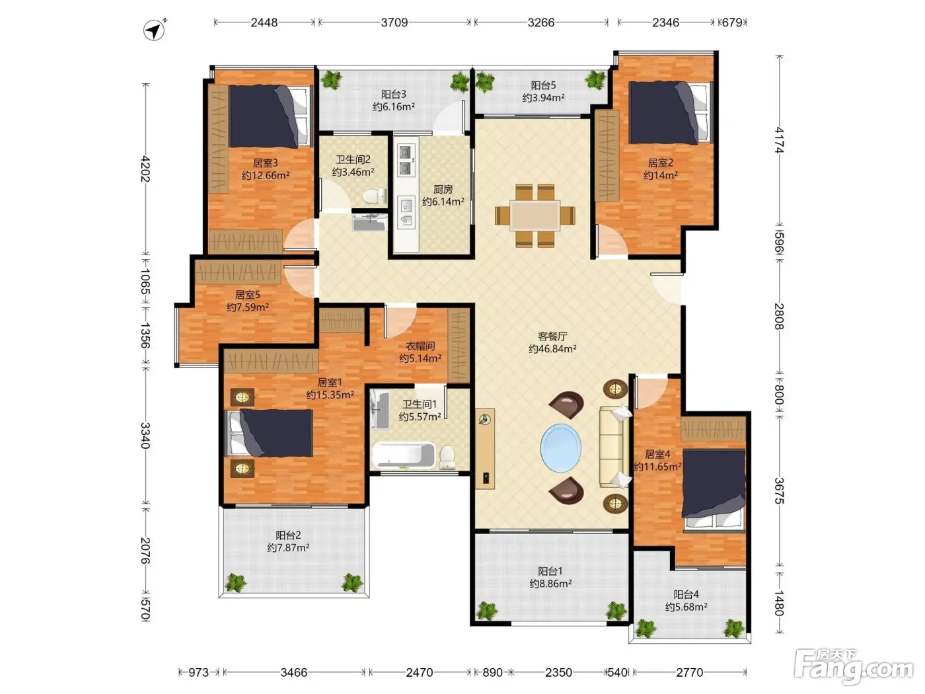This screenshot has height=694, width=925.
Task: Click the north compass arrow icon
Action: [154, 30]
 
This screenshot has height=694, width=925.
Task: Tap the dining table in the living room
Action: [535, 215]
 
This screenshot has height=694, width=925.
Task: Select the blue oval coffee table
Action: [560, 447]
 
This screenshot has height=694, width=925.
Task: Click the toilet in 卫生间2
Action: [374, 196]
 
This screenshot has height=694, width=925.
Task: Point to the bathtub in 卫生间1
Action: [403, 455]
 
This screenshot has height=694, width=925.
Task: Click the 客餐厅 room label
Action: [552, 336]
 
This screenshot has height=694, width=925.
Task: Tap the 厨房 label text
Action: [443, 190]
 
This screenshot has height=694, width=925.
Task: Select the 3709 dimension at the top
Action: [394, 22]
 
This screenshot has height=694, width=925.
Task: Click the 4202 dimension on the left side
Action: [145, 169]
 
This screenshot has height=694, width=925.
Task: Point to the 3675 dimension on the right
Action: [779, 490]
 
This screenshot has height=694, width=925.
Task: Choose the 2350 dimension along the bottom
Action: [558, 672]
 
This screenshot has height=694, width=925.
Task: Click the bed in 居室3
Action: [270, 116]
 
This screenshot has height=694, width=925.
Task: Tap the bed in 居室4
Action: [714, 489]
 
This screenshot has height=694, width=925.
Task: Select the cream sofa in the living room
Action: [614, 447]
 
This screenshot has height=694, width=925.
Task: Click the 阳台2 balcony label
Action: [288, 535]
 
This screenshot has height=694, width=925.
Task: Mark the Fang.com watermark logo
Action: [853, 667]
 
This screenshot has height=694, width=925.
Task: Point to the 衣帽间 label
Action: [420, 346]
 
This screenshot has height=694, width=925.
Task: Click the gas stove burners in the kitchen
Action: [405, 160]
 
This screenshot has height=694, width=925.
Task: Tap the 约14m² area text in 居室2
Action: [660, 175]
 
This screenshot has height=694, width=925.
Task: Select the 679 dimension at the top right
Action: [732, 22]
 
